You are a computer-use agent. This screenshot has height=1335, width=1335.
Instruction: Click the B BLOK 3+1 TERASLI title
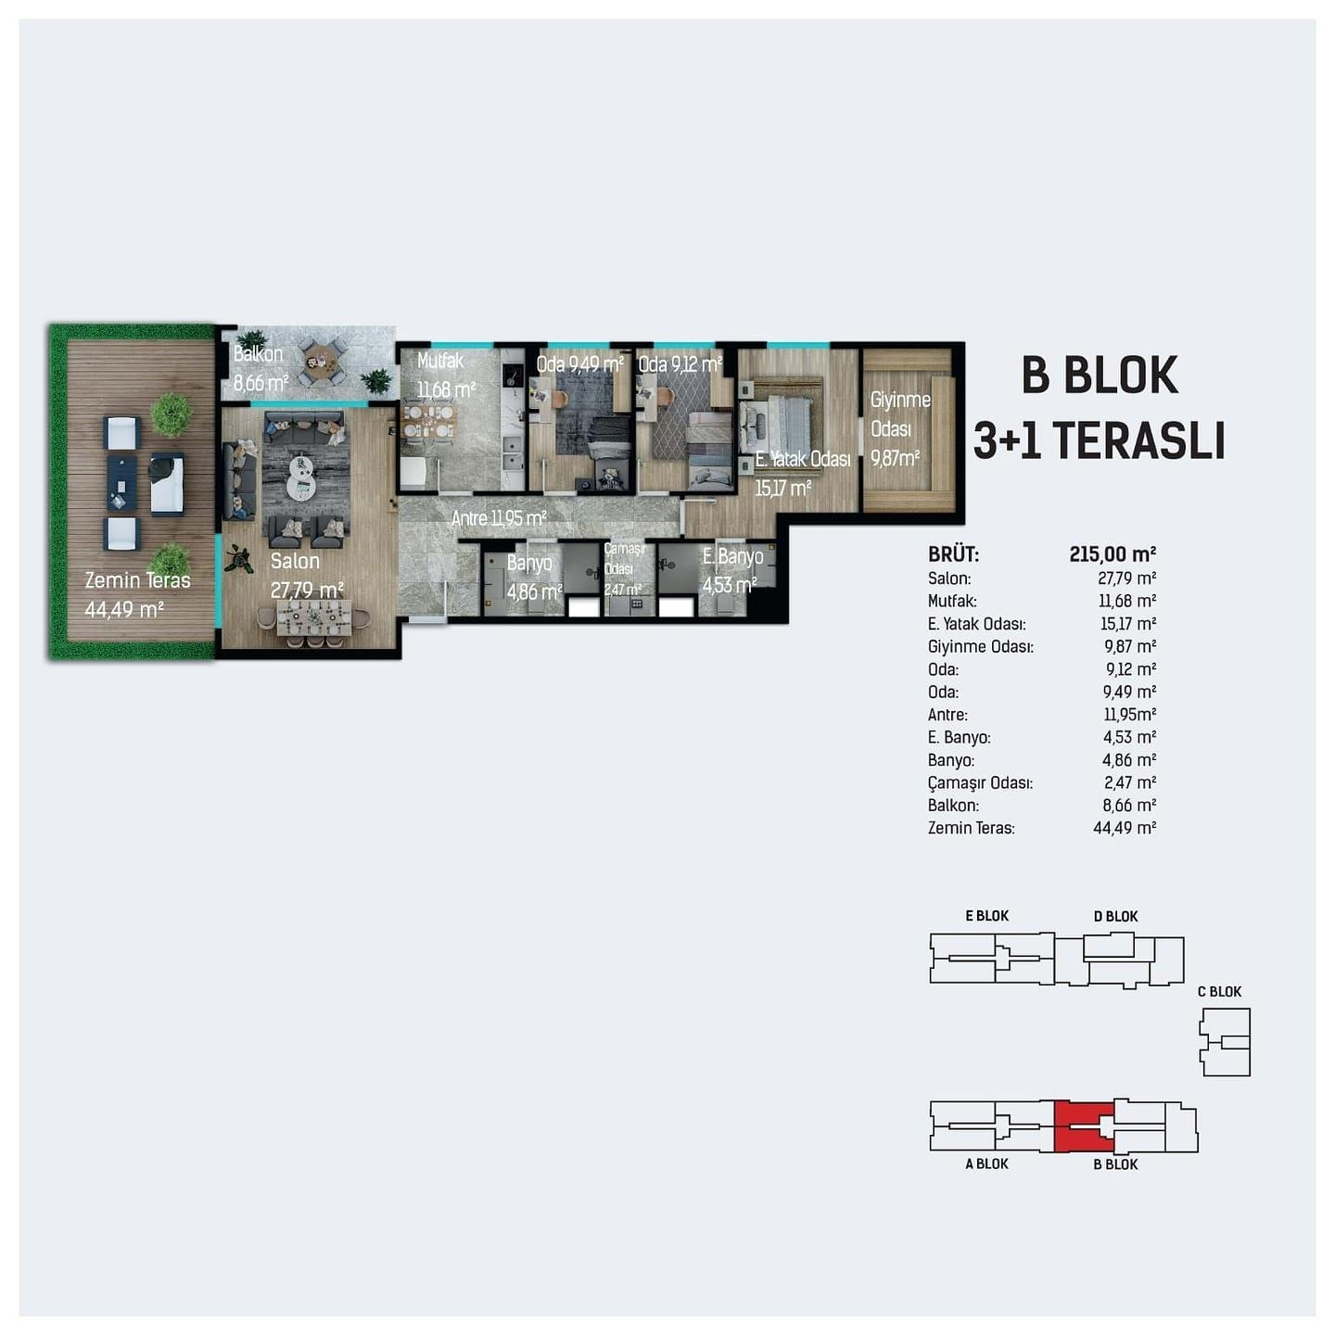coord(1099,408)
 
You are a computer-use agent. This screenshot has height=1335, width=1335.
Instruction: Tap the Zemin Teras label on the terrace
coord(137,580)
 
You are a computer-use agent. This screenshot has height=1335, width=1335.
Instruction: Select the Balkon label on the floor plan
coord(258,354)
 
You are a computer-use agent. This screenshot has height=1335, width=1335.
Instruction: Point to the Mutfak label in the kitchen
coord(440,361)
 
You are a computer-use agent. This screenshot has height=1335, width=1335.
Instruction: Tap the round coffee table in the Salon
coord(300,476)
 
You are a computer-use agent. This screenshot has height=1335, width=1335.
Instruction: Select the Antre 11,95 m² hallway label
coord(499,518)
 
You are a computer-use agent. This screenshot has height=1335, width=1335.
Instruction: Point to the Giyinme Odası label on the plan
coord(900,414)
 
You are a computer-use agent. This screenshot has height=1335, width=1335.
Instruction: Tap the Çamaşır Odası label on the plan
coord(624,558)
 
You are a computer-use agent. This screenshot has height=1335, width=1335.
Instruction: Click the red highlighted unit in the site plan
coord(1082,1125)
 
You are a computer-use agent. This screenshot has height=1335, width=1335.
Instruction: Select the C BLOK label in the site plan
coord(1219,991)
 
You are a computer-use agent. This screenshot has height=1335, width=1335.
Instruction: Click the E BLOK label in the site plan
coord(987,916)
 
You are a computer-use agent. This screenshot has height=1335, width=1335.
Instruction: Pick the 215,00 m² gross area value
coord(1112,554)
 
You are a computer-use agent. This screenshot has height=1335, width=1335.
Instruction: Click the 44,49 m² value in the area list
coord(1125,828)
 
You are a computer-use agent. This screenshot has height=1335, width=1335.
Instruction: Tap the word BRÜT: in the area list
coord(953,554)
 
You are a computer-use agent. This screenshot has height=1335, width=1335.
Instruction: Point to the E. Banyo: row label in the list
coord(959,737)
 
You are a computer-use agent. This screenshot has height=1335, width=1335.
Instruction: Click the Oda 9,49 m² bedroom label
coord(579,363)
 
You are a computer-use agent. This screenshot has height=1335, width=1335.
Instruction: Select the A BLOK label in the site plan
coord(987,1163)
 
